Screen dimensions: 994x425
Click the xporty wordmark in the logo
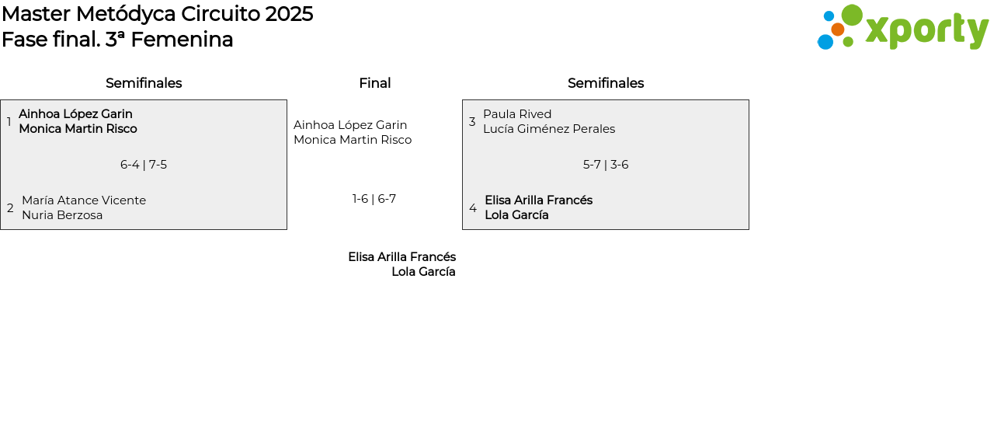927,30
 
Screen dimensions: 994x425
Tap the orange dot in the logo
837,30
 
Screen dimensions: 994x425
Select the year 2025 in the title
290,14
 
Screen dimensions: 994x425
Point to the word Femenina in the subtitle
182,40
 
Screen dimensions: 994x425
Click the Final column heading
375,83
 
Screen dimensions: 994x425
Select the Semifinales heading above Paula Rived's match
606,83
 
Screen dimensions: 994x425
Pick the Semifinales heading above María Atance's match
144,83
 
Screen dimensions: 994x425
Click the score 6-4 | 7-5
144,165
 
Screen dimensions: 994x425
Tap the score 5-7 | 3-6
606,165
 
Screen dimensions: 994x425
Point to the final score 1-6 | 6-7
374,198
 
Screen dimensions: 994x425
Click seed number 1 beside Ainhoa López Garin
9,121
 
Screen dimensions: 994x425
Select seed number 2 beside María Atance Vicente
10,207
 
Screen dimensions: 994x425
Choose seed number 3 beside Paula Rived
472,121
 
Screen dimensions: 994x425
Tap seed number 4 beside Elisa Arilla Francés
473,207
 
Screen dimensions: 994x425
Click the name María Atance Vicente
84,200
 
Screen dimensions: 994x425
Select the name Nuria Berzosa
62,215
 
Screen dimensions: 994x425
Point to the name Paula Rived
517,114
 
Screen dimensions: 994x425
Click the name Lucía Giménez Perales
549,129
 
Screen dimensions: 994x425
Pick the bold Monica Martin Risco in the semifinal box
78,129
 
